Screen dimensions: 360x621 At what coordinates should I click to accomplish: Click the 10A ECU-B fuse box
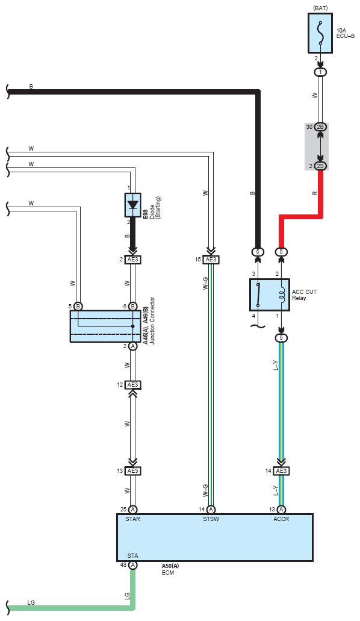[320, 33]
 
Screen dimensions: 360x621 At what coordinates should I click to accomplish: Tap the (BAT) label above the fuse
[320, 8]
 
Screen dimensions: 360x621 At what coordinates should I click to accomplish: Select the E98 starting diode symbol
[132, 205]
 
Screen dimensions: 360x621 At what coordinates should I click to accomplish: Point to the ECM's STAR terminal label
[132, 519]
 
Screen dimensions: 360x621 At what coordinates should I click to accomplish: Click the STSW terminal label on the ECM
[211, 519]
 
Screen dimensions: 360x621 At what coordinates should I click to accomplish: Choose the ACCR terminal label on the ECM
[281, 519]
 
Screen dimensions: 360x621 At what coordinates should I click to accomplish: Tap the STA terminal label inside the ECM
[132, 556]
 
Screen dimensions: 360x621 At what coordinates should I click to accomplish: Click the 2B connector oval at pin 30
[321, 127]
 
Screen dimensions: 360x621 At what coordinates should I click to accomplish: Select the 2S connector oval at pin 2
[321, 166]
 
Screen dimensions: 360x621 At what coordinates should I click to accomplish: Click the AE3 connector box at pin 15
[211, 260]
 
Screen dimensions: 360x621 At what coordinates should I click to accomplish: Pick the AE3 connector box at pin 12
[132, 385]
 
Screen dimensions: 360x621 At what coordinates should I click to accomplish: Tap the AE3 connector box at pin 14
[281, 471]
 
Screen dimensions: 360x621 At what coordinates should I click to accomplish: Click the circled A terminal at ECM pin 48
[132, 565]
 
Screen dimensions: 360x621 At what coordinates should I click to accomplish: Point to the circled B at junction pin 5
[78, 306]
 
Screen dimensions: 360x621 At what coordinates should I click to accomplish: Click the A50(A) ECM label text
[170, 566]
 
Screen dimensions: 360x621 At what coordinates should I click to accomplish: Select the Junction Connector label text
[152, 321]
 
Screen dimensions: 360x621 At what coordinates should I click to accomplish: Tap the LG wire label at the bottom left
[31, 602]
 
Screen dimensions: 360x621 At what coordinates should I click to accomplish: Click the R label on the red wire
[315, 193]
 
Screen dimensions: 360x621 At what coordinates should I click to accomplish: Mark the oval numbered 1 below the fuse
[320, 72]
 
